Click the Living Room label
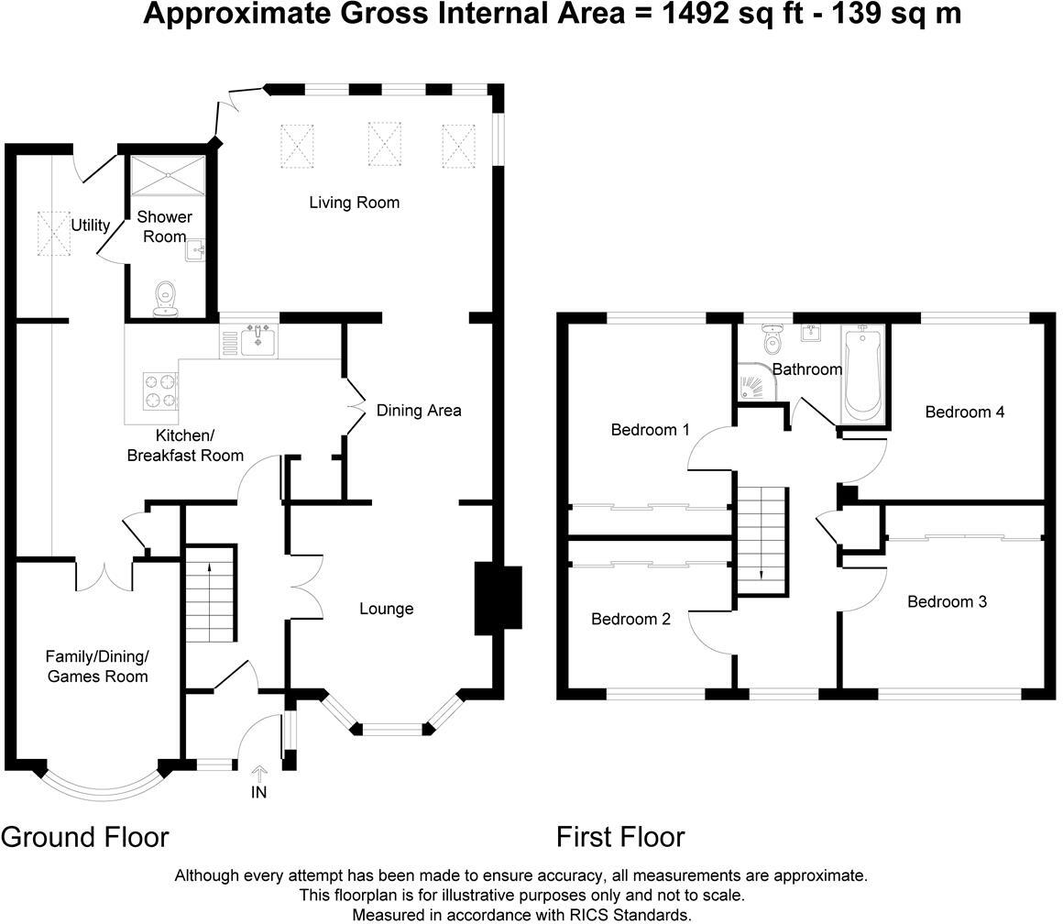point(354,203)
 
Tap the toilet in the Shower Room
point(166,297)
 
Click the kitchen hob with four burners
point(160,390)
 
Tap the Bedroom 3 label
point(947,602)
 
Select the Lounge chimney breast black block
point(497,600)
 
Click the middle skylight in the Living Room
point(386,143)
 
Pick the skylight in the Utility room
point(53,234)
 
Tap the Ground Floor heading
point(85,837)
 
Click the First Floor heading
point(620,837)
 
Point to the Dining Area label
point(419,411)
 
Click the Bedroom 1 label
point(650,430)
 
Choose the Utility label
point(90,225)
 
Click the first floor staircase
point(762,540)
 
